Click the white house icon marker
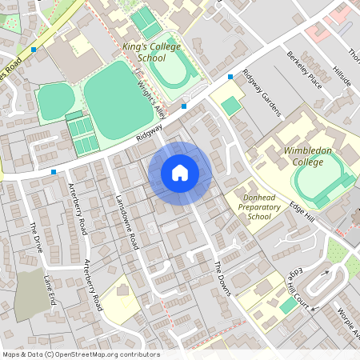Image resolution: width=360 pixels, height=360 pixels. click(x=180, y=173)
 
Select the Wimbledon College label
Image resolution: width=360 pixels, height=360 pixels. click(x=307, y=156)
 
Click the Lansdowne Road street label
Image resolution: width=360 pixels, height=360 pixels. click(x=127, y=222)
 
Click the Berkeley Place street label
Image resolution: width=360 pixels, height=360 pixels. click(x=304, y=70)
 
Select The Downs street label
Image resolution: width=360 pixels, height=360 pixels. click(x=222, y=278)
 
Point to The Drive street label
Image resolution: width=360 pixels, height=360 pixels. click(x=36, y=238)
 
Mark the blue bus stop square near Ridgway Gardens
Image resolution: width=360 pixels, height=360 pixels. click(x=230, y=76)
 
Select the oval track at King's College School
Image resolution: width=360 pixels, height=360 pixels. click(x=172, y=72)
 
